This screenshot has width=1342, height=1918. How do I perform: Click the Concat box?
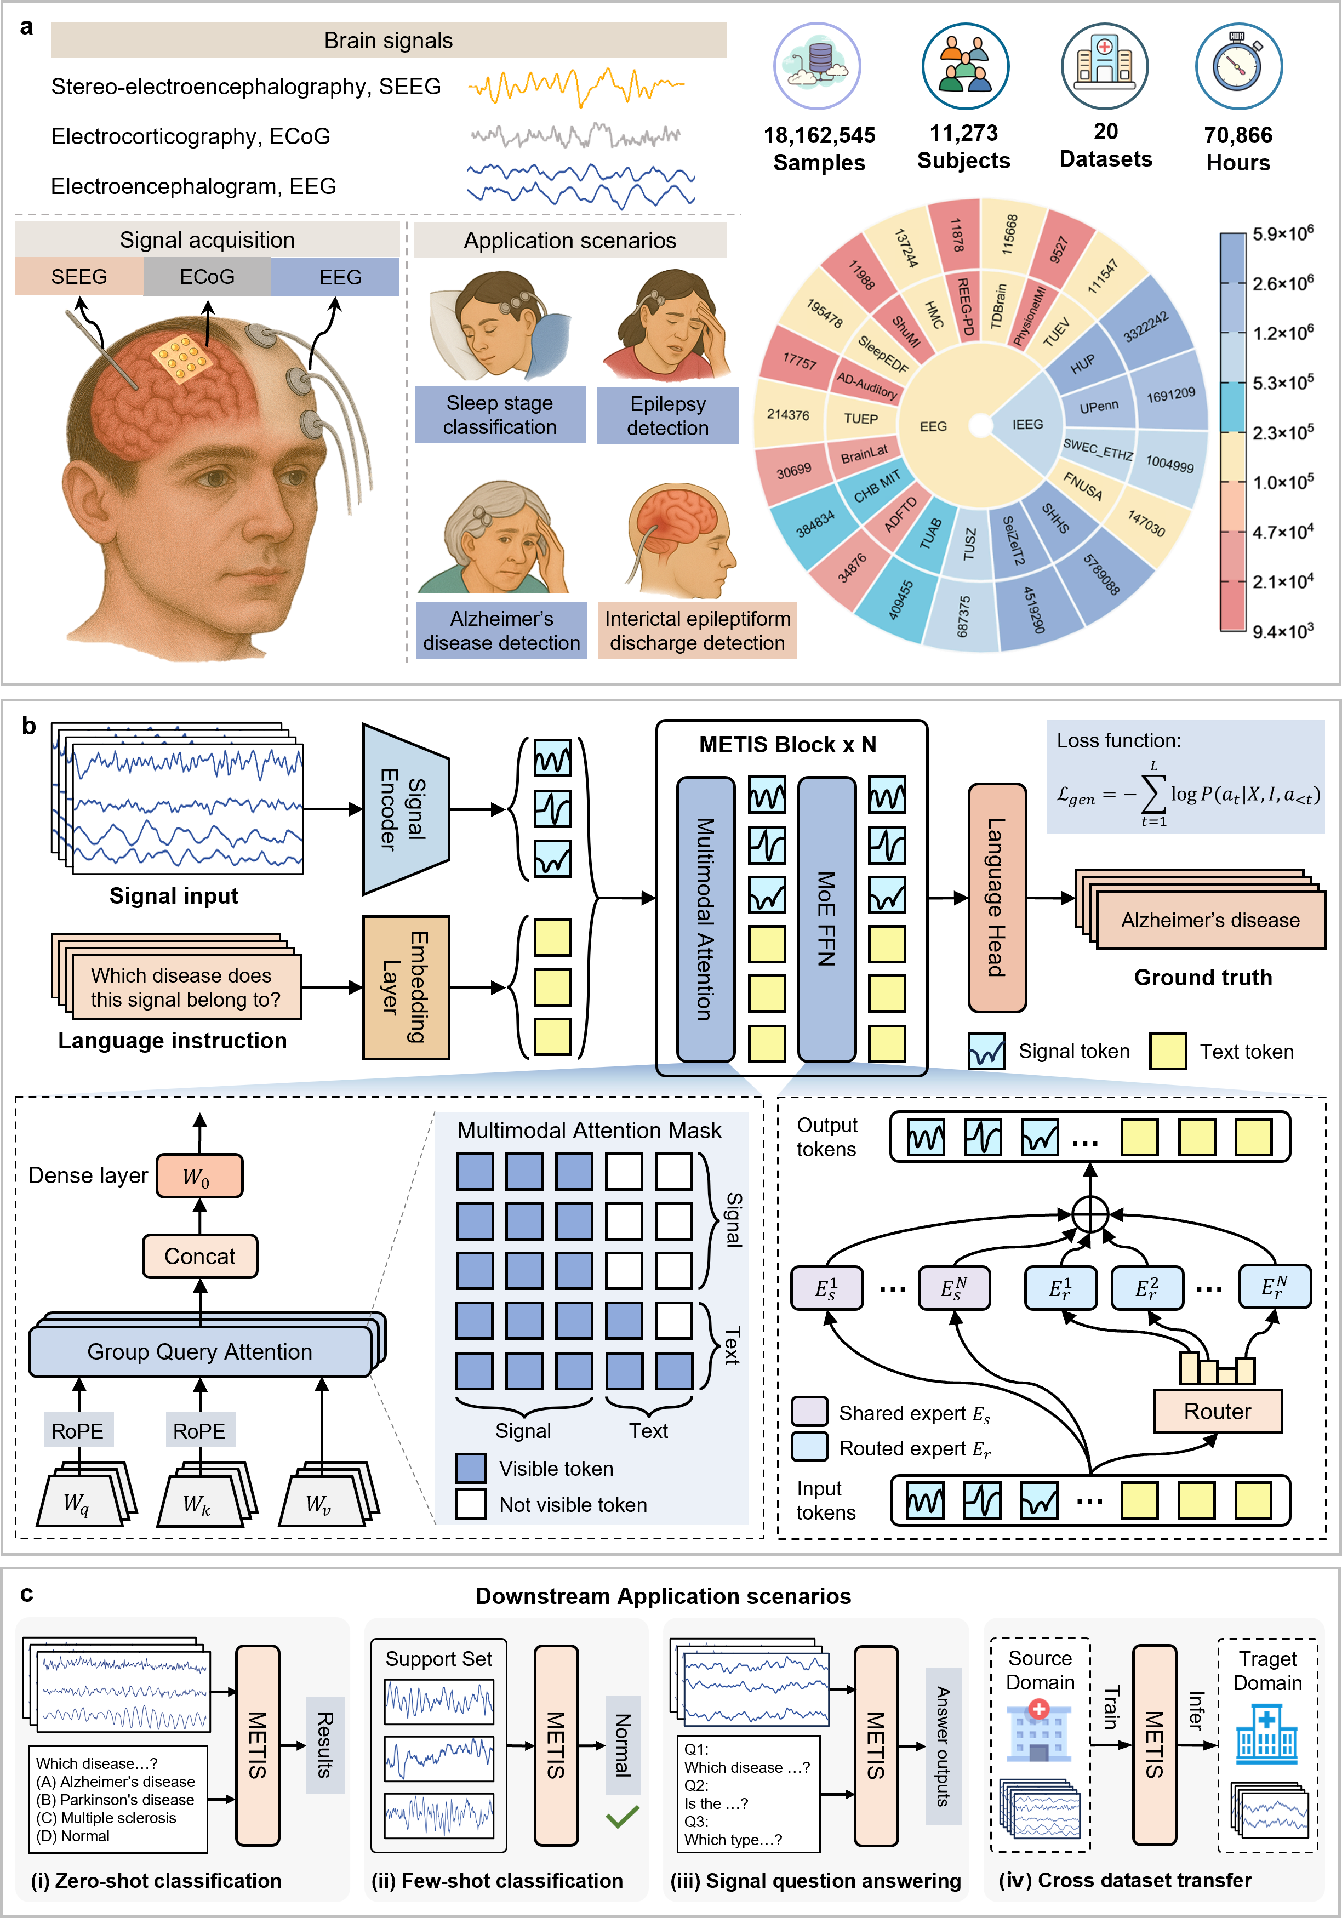[199, 1257]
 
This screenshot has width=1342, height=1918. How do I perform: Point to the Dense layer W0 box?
[199, 1176]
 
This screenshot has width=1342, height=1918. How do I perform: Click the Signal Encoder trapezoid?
[406, 809]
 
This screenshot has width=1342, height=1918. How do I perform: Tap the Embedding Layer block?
[406, 987]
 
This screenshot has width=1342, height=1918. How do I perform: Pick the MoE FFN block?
[827, 919]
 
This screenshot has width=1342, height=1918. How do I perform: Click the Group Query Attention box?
[201, 1351]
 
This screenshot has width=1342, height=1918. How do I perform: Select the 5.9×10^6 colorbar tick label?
[1283, 233]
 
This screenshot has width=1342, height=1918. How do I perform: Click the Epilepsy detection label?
[668, 415]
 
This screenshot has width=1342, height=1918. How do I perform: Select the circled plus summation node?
[1090, 1214]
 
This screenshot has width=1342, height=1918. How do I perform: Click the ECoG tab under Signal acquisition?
[207, 277]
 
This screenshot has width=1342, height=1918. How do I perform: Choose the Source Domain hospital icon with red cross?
[1039, 1731]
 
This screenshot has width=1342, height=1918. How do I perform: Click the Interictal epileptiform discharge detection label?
[698, 631]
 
